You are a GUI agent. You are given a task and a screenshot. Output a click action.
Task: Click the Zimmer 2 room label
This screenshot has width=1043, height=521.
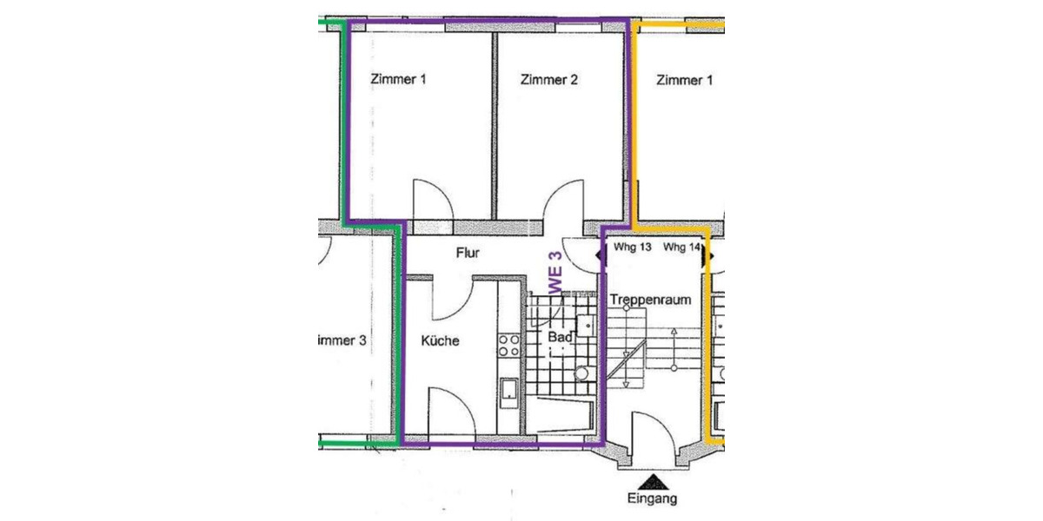point(549,81)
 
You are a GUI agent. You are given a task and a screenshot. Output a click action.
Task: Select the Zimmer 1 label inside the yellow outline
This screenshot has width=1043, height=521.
point(685,81)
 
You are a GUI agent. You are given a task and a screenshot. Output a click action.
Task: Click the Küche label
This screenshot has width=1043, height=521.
point(440,341)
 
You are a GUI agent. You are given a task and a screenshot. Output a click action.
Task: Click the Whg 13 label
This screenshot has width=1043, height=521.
point(633,247)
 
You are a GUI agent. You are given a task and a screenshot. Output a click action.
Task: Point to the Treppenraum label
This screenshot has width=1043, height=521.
point(650,300)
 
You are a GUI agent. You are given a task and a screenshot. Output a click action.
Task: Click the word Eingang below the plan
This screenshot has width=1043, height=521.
point(651,498)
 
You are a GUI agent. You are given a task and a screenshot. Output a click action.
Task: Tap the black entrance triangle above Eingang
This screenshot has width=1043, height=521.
point(651,480)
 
